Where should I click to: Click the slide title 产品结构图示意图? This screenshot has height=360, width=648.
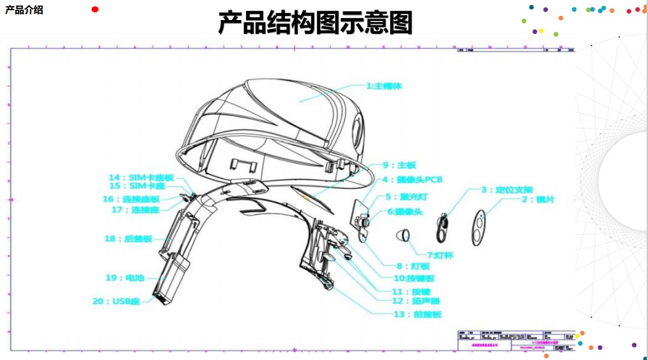315,23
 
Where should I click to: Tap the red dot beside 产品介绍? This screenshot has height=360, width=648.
95,9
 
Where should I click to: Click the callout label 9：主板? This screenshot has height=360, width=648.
399,165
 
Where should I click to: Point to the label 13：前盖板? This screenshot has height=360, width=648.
417,314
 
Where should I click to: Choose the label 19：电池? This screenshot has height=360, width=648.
125,278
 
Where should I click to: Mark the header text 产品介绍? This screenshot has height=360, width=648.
24,10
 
